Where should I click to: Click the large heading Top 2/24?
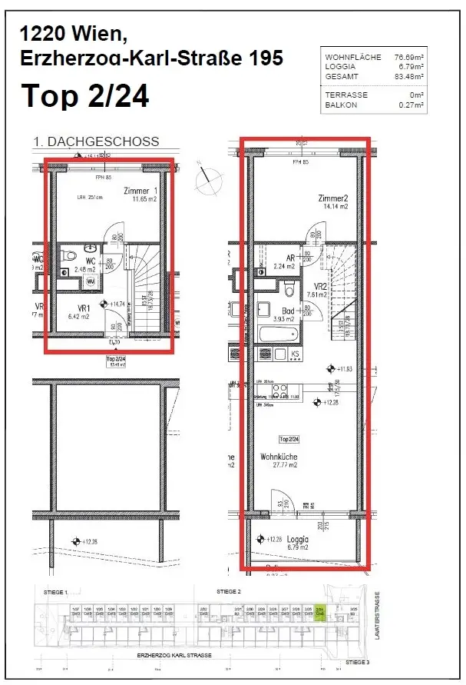click(84, 96)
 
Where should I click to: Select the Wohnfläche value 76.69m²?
click(410, 58)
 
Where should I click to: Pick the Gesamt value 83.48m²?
click(410, 76)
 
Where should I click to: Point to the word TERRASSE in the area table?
click(346, 95)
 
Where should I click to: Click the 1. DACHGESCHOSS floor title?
click(96, 141)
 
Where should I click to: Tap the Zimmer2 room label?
click(333, 198)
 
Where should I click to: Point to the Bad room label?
click(287, 311)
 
